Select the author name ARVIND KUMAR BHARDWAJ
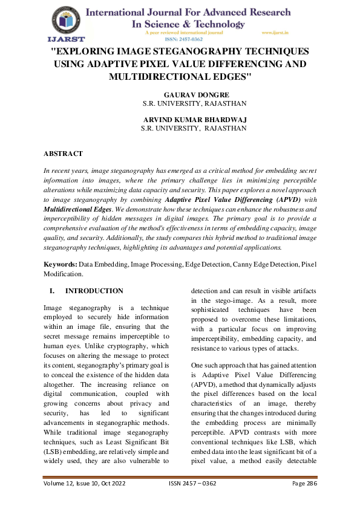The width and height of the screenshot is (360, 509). tap(194, 120)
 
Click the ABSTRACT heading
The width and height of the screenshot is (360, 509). tap(64, 154)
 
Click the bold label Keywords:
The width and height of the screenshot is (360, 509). tap(60, 264)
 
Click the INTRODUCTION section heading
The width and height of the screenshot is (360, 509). tap(94, 291)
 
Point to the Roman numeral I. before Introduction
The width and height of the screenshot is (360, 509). tap(52, 291)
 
